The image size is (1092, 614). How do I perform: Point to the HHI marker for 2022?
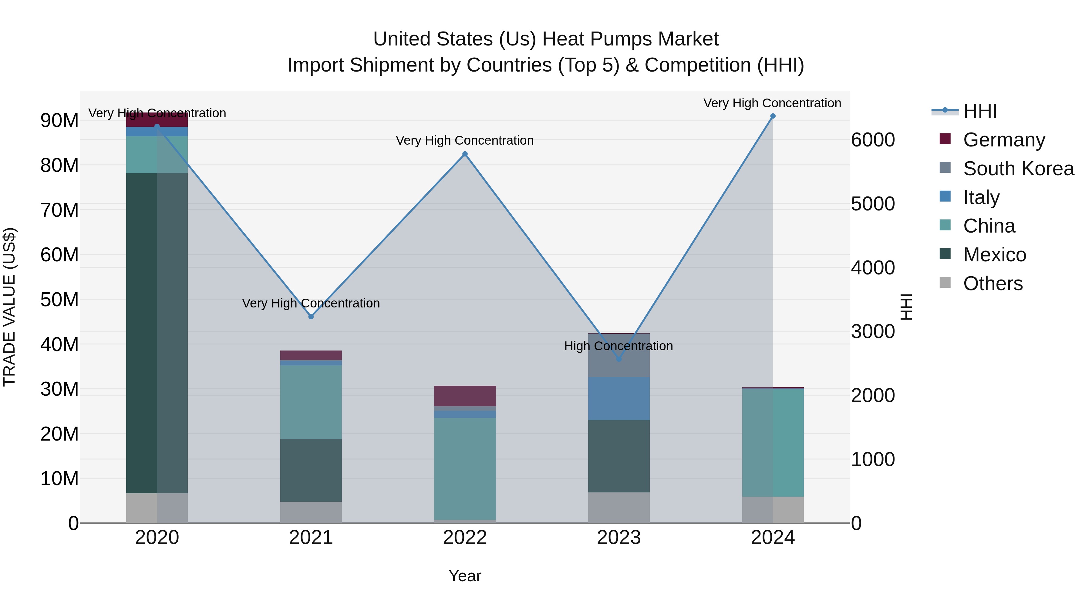pos(465,154)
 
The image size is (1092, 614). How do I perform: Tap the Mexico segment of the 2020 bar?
pos(157,333)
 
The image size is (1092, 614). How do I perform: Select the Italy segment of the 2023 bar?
pos(618,398)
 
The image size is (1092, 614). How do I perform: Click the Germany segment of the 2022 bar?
pos(465,396)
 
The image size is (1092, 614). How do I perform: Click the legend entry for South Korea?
pos(1018,169)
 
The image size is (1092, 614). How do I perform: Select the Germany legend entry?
pos(1004,140)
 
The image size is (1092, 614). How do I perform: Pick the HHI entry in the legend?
pos(980,111)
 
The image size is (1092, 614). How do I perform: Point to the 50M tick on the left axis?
pos(59,300)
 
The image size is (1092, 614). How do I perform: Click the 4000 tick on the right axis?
pos(873,268)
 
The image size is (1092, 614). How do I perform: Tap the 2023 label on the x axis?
pos(618,538)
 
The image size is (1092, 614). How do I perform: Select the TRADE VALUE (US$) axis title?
pos(9,307)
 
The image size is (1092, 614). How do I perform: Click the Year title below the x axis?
pos(465,576)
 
